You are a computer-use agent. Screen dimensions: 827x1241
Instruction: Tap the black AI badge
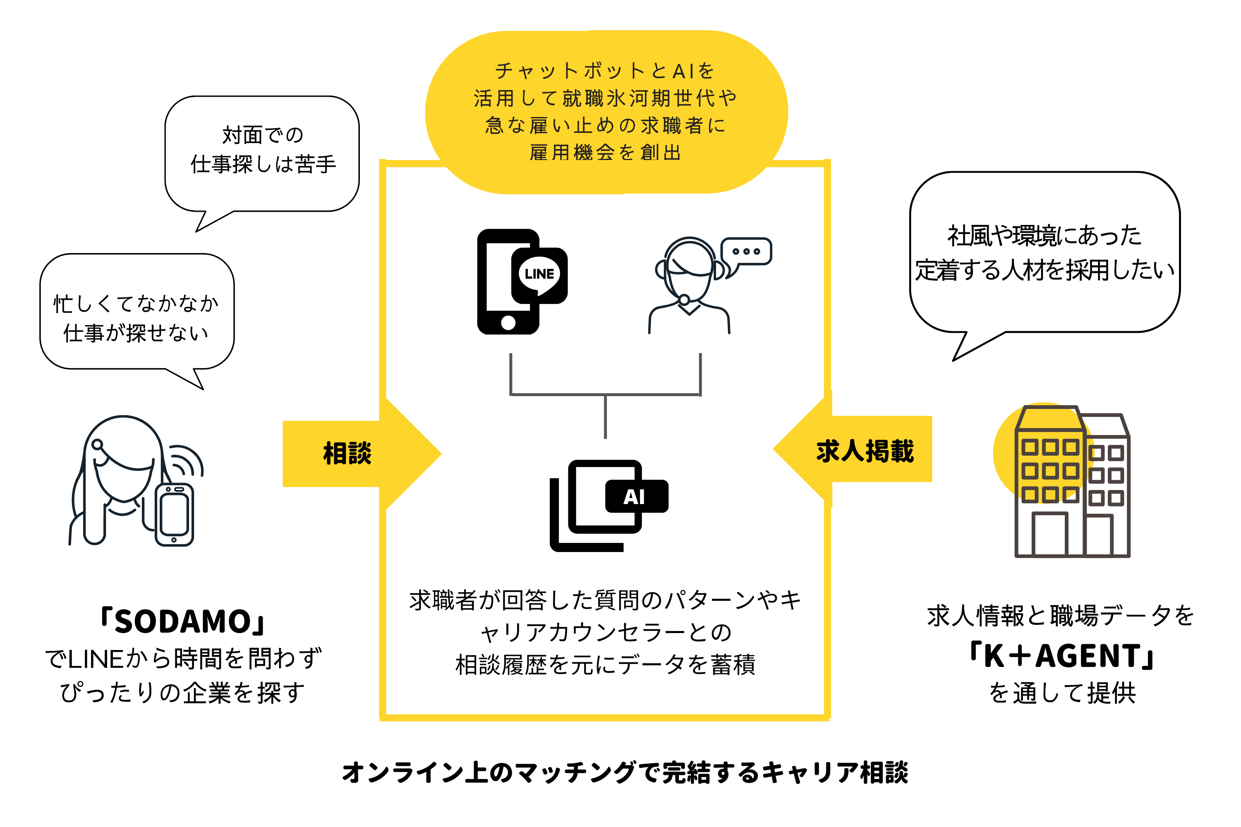pos(636,496)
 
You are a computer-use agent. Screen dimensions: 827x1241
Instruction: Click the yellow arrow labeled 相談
pos(359,454)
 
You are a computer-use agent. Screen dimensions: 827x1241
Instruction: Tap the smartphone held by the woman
pos(175,515)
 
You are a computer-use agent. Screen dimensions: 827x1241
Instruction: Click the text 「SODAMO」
pos(182,621)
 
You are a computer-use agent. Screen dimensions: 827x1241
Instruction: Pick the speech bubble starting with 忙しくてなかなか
pos(137,316)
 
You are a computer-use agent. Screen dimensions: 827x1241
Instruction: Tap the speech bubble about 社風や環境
pos(1045,253)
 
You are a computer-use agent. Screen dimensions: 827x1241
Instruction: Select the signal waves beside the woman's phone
pos(188,461)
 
